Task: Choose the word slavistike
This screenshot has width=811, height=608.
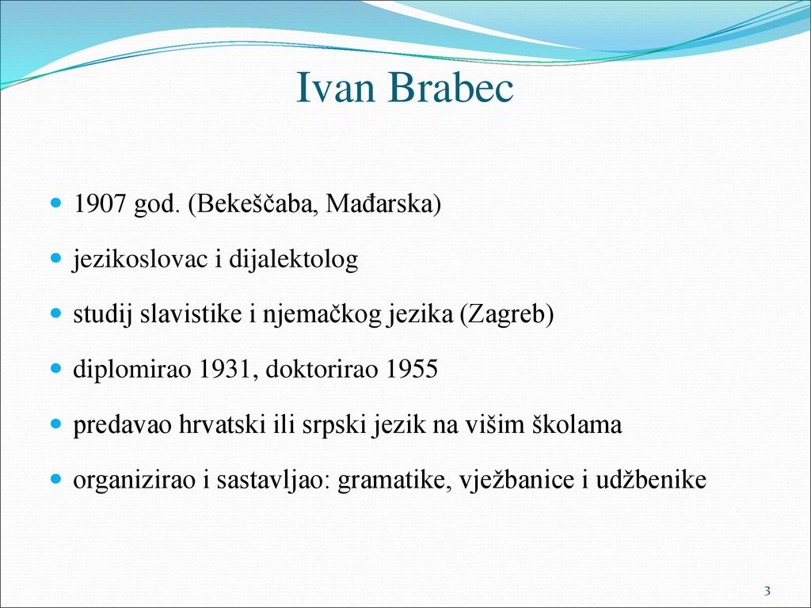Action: pos(191,313)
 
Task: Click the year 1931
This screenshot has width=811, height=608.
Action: pos(224,369)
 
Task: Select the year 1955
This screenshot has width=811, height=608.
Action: pos(412,369)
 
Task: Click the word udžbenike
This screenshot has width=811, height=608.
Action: pos(651,480)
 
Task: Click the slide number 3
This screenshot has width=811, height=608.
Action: pos(767,591)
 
